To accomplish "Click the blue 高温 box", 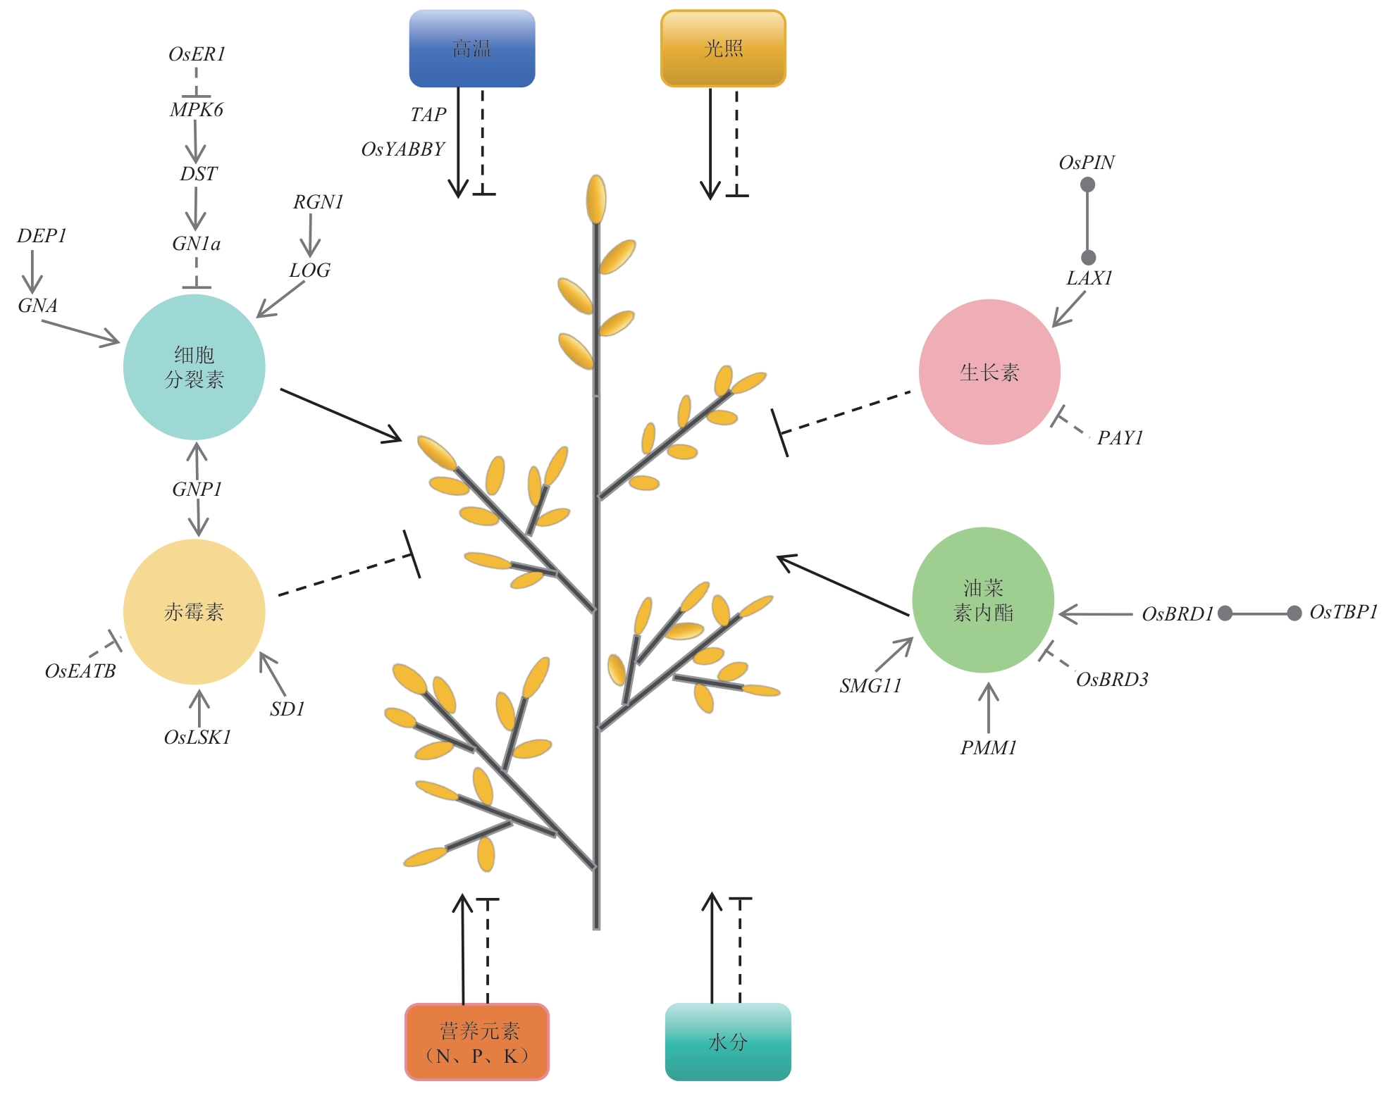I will click(x=471, y=49).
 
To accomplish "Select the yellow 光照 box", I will click(x=723, y=49).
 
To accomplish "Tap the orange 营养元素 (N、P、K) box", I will click(x=477, y=1042).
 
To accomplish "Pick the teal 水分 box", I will click(x=728, y=1042).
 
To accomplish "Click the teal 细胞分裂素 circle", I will click(x=194, y=367).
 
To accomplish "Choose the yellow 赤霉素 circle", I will click(x=194, y=611).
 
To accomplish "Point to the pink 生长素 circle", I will click(x=989, y=372).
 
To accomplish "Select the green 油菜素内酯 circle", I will click(x=983, y=600).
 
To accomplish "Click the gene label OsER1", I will click(x=197, y=54).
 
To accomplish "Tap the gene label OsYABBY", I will click(x=403, y=149).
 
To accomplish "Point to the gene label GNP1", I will click(x=197, y=489).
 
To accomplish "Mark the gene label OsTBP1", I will click(x=1343, y=612).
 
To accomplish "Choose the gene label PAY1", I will click(x=1120, y=438).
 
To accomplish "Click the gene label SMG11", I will click(x=870, y=686).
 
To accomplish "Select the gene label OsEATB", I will click(x=80, y=671).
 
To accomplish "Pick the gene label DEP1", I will click(x=42, y=236).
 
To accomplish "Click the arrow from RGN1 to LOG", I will click(x=310, y=236).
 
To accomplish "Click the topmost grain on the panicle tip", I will click(x=596, y=199).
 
